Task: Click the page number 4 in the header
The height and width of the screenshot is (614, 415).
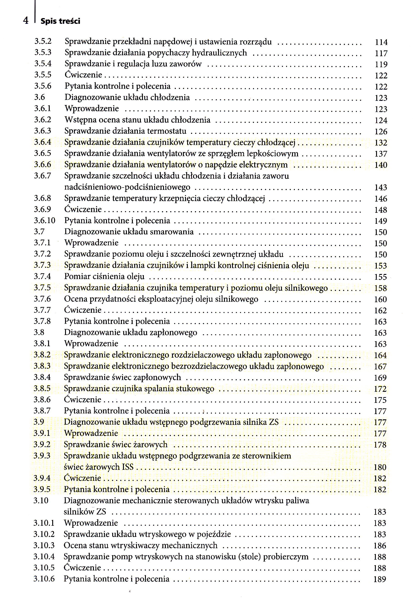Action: pos(26,20)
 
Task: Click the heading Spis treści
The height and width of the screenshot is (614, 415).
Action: pos(60,21)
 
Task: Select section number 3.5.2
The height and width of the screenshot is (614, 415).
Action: pos(43,41)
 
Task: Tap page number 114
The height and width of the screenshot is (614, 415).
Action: pos(381,42)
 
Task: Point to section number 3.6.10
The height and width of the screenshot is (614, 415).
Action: pos(44,220)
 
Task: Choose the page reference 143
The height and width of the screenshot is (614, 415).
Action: pos(380,187)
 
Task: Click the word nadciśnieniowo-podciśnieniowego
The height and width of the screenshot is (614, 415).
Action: pos(127,187)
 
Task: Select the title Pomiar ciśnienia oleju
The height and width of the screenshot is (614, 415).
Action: pos(104,276)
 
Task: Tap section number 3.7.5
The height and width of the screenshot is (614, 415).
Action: pos(42,288)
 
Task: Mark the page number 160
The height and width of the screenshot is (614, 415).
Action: pos(380,299)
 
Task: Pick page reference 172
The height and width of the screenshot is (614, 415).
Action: pos(380,389)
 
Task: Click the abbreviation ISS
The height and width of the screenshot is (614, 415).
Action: pos(128,467)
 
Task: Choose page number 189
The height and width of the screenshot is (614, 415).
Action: pos(380,579)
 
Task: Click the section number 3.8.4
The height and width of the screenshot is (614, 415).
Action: pos(42,377)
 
